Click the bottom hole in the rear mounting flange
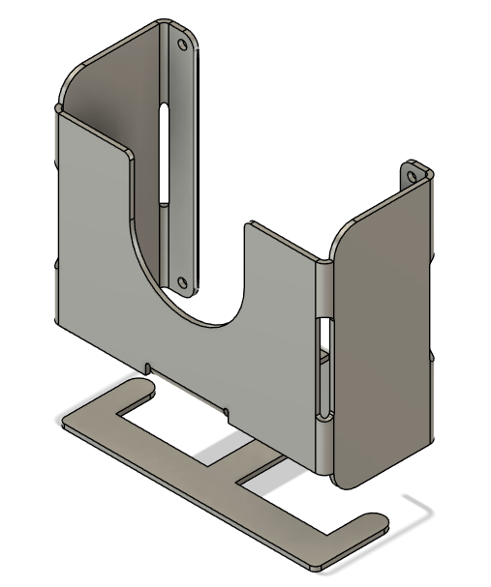pos(181,281)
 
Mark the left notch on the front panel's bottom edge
pos(145,367)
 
